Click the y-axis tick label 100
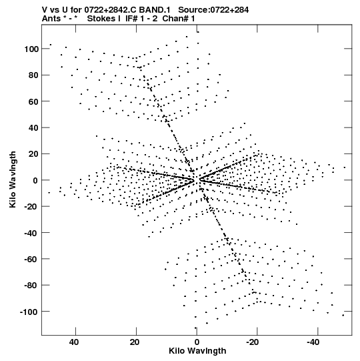click(31, 49)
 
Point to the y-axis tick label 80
click(33, 75)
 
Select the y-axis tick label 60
click(33, 101)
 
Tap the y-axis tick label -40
click(31, 234)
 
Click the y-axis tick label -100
click(29, 312)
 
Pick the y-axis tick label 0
click(35, 180)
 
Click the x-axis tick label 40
click(74, 342)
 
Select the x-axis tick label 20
click(135, 342)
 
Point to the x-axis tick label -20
click(253, 342)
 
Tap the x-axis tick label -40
click(313, 342)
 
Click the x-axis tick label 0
click(197, 342)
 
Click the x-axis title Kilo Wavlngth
click(197, 351)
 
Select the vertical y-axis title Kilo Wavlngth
click(13, 179)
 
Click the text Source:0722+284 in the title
click(213, 10)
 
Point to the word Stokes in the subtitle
click(104, 19)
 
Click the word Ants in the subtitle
click(51, 19)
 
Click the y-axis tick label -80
click(31, 286)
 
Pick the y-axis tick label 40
click(33, 128)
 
